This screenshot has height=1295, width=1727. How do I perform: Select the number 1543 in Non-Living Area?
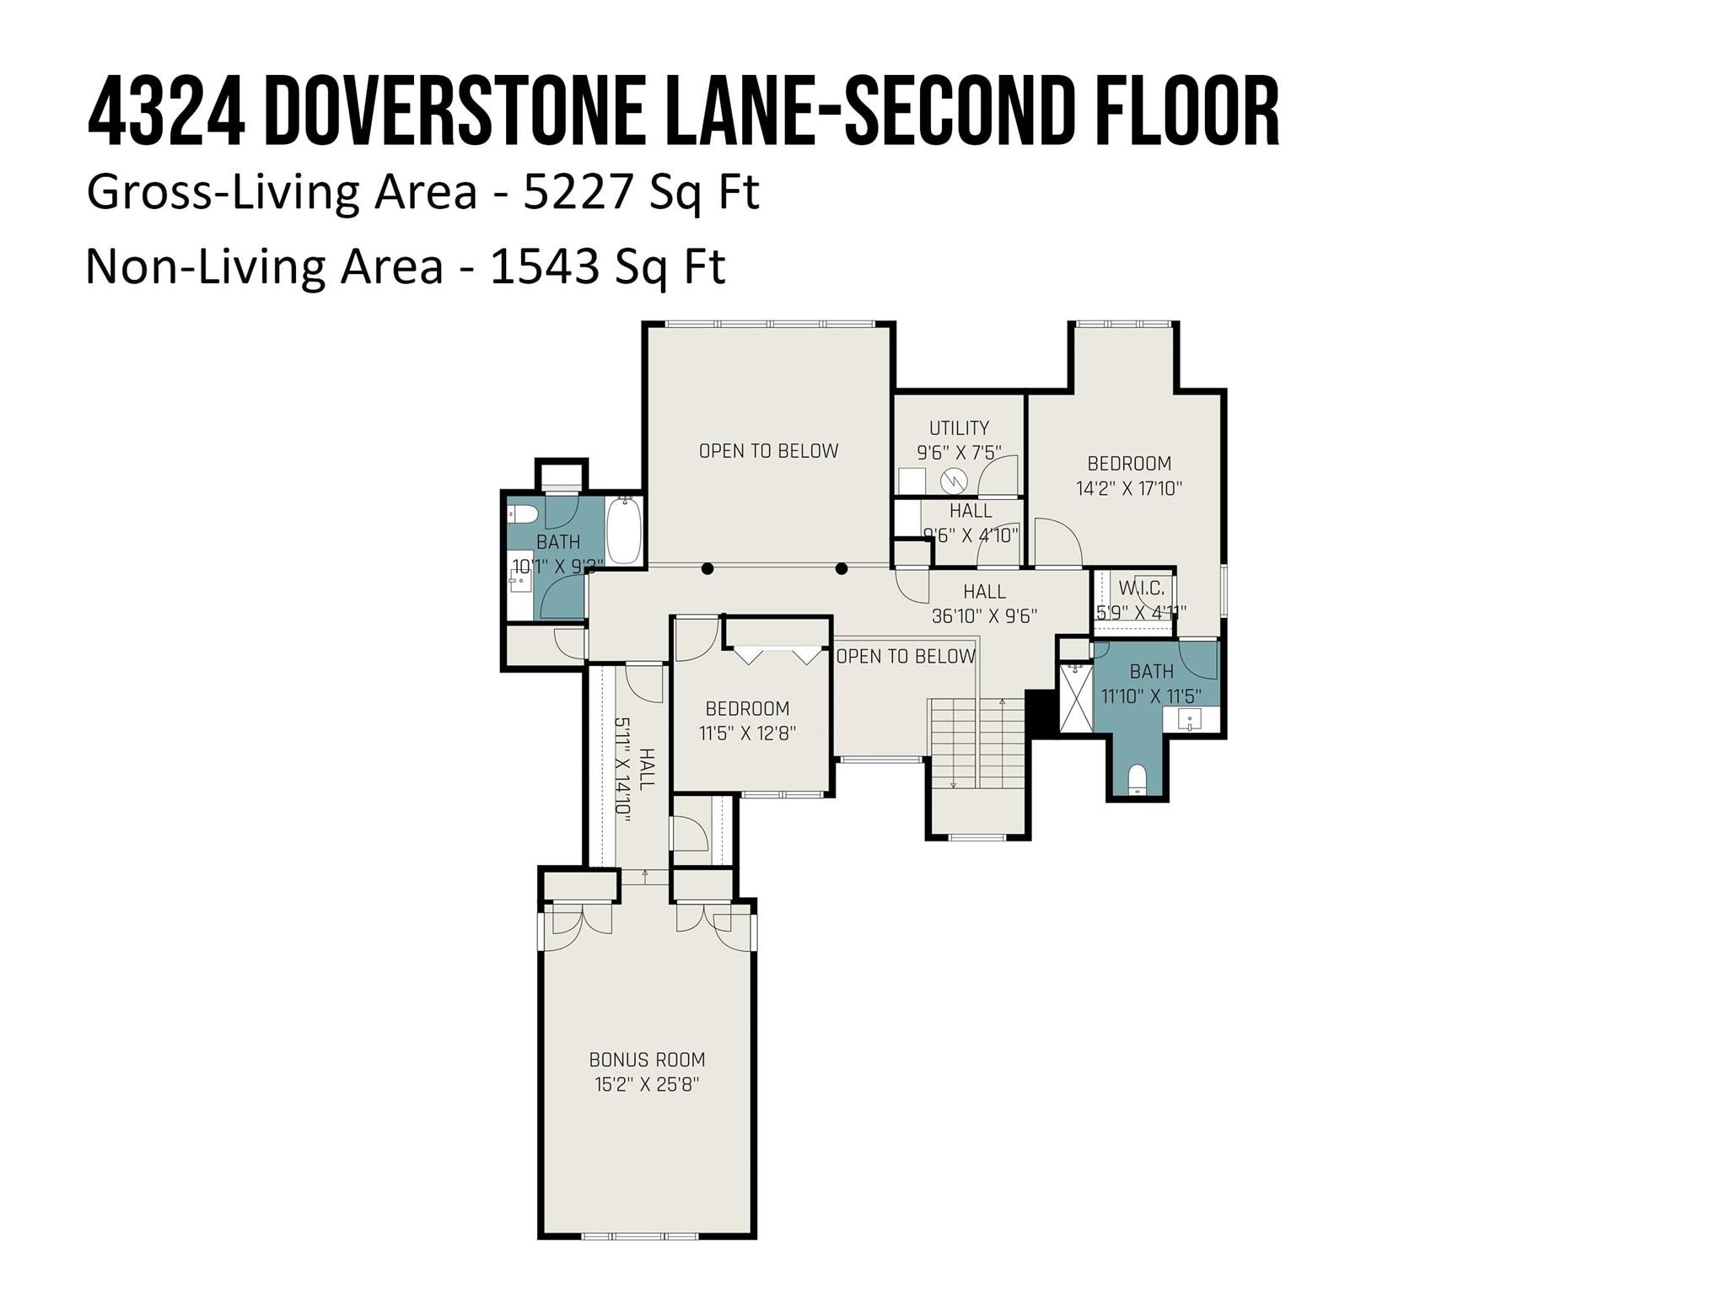point(545,266)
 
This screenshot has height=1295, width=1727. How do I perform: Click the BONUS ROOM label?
point(647,1060)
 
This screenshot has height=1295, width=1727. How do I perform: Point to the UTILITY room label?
point(959,428)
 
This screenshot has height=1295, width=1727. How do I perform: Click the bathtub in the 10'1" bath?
point(624,530)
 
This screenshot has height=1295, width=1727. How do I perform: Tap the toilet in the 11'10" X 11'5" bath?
point(1138,779)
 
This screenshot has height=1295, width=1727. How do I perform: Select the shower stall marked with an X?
point(1075,697)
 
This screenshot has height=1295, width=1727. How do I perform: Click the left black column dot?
point(708,569)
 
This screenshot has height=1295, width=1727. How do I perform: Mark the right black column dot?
point(841,569)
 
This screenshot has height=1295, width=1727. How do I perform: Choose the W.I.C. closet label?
point(1141,588)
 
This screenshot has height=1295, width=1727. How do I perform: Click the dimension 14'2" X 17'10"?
point(1129,488)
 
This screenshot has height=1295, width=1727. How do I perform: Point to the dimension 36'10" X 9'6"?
point(984,616)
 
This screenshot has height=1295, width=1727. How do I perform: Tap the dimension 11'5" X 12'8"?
point(747,733)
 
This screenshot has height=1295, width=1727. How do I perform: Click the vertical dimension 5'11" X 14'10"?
point(624,766)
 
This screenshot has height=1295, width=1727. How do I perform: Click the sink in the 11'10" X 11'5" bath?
point(1190,720)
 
